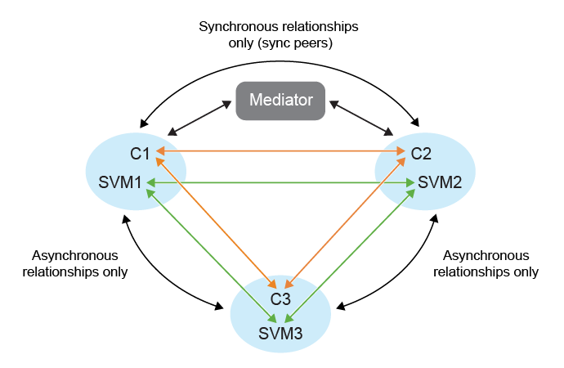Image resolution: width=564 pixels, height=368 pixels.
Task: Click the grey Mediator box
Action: [280, 101]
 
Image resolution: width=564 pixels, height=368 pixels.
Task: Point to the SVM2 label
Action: [440, 182]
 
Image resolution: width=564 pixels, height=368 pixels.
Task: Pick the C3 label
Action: [280, 300]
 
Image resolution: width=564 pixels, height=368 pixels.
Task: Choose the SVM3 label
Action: [280, 333]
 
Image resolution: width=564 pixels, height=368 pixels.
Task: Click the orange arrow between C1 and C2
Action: [282, 151]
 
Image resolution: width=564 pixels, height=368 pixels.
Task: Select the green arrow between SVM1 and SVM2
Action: [282, 183]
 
